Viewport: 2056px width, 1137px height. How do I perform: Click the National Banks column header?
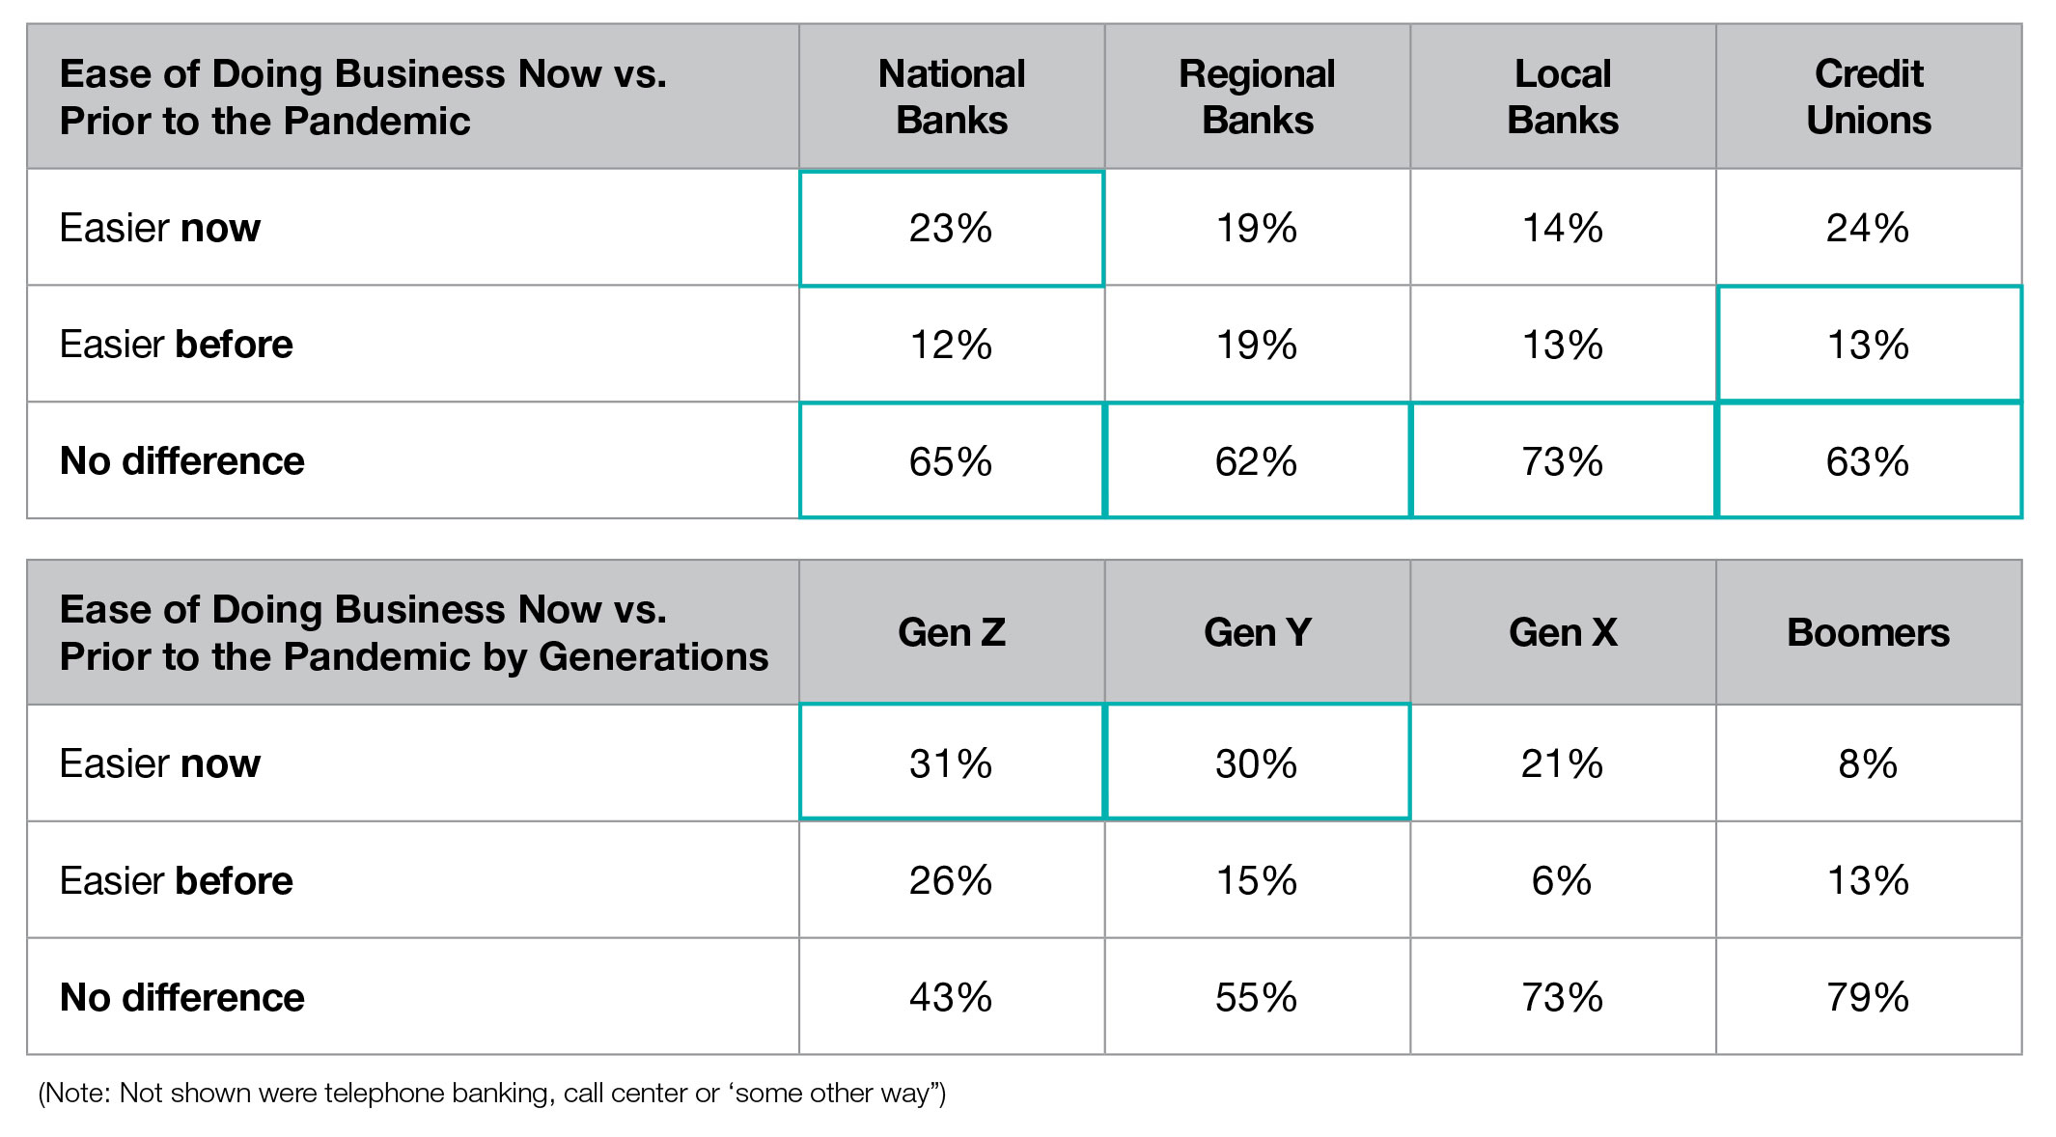(951, 97)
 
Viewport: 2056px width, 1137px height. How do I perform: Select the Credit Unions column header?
(1868, 97)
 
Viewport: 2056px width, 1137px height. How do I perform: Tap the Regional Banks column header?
(1257, 97)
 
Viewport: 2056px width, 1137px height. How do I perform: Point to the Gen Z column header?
(951, 632)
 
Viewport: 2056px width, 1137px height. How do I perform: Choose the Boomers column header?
(1868, 632)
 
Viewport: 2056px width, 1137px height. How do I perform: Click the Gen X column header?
(1563, 632)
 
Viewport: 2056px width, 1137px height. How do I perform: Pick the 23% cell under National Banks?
(951, 229)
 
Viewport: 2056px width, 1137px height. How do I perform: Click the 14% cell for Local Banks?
(1563, 229)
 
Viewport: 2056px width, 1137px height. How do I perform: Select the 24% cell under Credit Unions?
(1868, 229)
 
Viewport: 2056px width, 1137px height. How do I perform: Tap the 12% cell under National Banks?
(951, 345)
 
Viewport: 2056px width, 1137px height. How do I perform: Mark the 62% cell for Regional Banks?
(1257, 461)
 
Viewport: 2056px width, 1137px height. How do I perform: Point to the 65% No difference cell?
(951, 461)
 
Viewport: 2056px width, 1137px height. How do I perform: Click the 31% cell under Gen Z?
(951, 763)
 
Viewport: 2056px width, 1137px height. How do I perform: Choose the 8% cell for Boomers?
(1868, 763)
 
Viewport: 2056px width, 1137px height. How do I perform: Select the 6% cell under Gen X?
(1563, 880)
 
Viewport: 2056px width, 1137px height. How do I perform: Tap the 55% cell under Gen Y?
(1257, 997)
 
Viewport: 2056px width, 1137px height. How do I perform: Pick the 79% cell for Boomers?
(1868, 997)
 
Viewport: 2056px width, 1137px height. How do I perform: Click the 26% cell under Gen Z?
(951, 880)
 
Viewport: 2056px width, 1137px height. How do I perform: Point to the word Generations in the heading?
(653, 657)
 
